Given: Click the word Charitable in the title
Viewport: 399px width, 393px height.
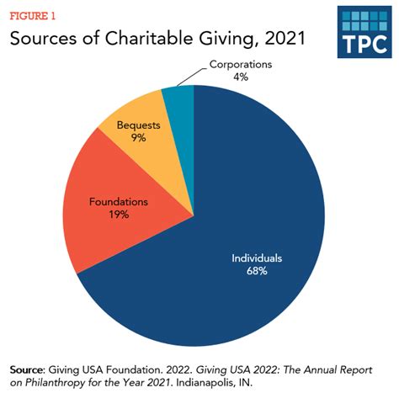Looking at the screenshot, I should [x=157, y=39].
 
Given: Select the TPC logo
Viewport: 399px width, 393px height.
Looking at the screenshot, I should [x=364, y=33].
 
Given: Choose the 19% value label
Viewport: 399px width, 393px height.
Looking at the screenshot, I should [x=117, y=215].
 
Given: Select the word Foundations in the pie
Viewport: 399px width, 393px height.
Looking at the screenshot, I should [x=117, y=202].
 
